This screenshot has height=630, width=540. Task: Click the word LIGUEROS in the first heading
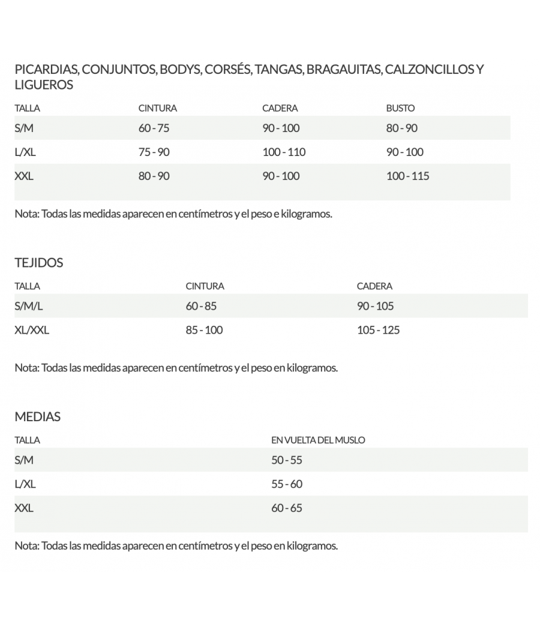44,85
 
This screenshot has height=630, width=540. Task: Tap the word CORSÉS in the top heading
227,70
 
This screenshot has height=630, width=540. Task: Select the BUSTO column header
400,109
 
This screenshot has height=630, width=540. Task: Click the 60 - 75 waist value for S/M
154,128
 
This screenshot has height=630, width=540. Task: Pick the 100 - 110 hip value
284,152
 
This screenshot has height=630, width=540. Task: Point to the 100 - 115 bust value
408,176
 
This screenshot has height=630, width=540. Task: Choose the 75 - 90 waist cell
154,152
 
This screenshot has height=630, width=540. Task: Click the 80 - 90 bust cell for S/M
402,128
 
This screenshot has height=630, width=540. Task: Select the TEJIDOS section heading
38,263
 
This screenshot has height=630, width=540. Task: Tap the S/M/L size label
29,307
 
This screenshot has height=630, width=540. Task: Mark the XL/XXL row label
32,331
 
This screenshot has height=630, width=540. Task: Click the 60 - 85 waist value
201,307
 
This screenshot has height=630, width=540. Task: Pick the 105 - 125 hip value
378,331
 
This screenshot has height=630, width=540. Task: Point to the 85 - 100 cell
204,331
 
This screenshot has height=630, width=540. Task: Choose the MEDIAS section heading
37,417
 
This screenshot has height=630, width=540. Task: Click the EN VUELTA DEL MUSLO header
318,440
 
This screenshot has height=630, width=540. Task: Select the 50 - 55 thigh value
287,461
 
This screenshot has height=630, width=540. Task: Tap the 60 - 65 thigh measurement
287,509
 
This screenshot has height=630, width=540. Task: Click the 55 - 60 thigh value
287,485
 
